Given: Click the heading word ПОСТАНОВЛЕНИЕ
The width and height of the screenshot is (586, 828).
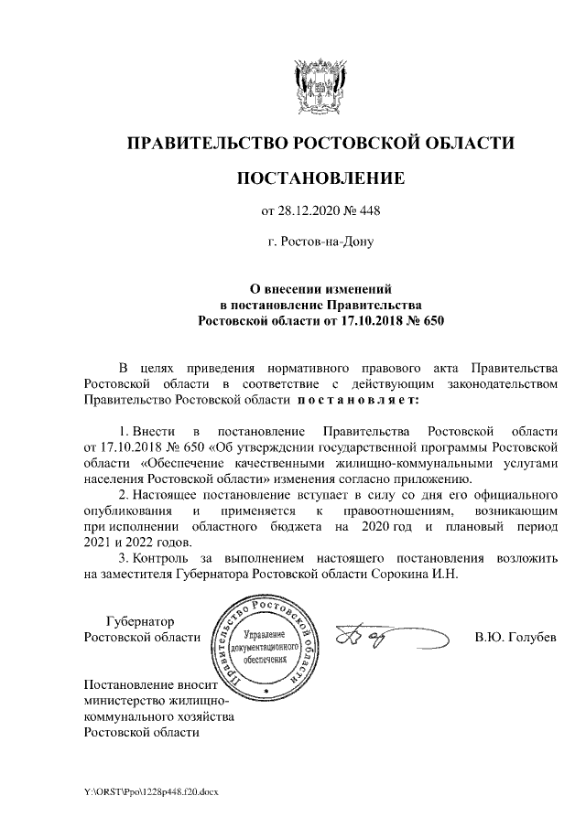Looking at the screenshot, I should [x=320, y=177].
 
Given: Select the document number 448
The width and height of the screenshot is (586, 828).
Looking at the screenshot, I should [x=368, y=212].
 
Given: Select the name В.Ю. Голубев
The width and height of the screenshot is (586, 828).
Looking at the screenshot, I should [x=515, y=637].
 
